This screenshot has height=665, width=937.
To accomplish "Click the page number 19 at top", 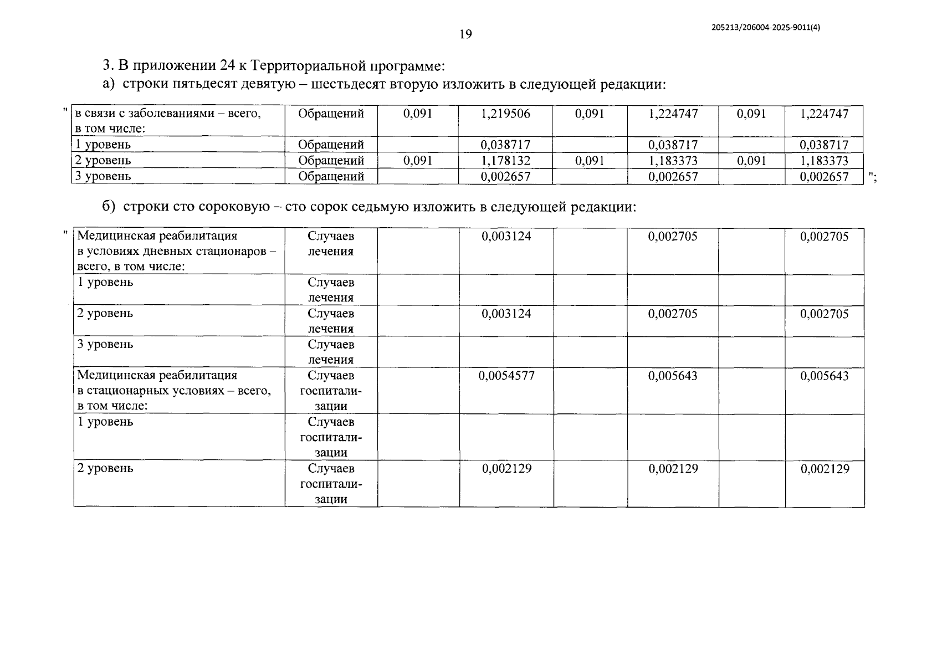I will [465, 34].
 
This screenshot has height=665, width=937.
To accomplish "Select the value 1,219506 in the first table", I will [505, 114].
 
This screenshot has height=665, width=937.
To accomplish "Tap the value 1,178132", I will [505, 161].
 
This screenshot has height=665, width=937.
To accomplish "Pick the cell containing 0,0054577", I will [506, 376].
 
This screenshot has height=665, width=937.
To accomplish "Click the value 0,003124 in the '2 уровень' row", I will [506, 314].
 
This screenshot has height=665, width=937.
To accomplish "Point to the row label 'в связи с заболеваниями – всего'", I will [167, 114].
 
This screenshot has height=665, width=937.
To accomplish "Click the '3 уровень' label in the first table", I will [104, 176].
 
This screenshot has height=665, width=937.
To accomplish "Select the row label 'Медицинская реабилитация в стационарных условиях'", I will [174, 390].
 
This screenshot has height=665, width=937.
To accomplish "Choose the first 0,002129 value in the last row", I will [506, 469].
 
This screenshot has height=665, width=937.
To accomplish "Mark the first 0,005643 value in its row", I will [673, 376].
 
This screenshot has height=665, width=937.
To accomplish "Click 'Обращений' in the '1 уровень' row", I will [331, 145].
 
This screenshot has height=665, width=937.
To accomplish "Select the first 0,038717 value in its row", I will [505, 145].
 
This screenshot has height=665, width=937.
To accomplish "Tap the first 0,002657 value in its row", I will [505, 177].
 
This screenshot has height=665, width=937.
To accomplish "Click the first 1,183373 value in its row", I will [673, 161].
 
